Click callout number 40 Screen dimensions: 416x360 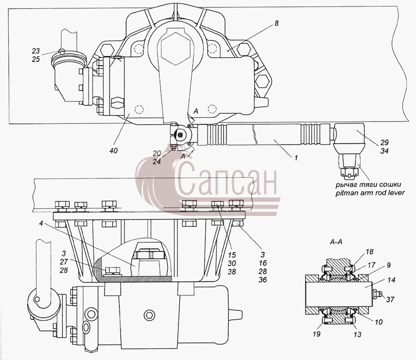point(113,151)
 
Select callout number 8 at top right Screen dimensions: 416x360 point(276,24)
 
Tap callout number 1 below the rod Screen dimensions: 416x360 point(296,158)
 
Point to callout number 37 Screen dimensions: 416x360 point(390,299)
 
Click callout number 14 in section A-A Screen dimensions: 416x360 point(391,280)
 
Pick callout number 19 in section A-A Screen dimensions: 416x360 point(317,334)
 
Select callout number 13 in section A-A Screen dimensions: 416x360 point(357,335)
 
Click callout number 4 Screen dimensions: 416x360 point(41,223)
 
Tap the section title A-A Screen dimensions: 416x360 point(336,242)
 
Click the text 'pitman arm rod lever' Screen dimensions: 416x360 point(370,193)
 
